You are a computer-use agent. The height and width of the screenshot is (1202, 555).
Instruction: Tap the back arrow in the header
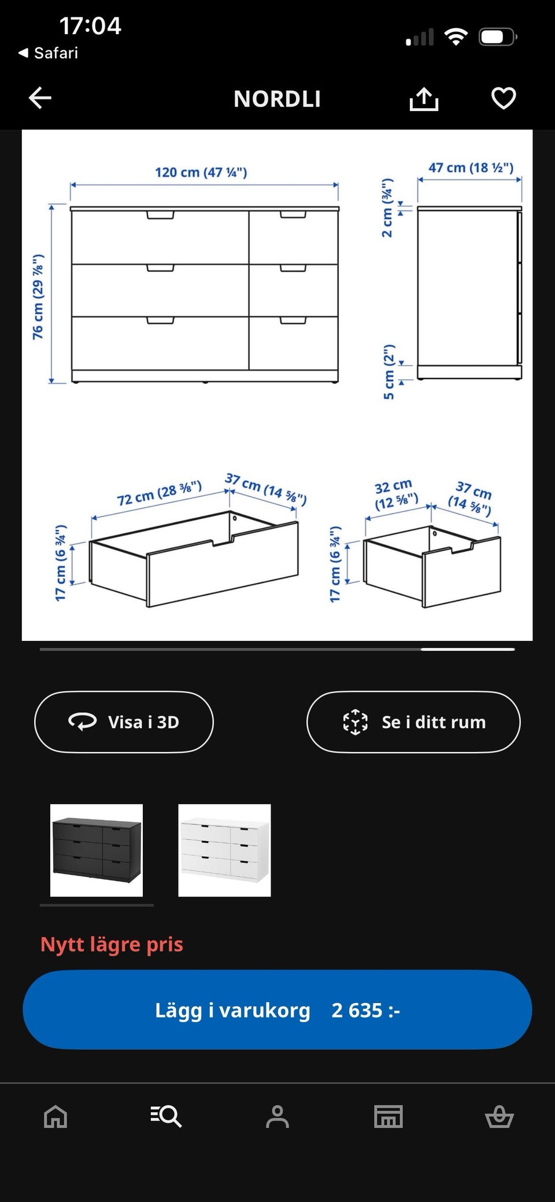pyautogui.click(x=40, y=98)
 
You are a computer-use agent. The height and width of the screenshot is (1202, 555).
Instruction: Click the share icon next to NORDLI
pyautogui.click(x=424, y=98)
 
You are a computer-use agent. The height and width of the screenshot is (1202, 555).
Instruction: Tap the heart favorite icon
pyautogui.click(x=504, y=98)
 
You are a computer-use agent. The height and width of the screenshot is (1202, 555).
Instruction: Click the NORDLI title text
pyautogui.click(x=277, y=99)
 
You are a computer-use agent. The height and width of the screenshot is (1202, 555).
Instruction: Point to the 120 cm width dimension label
pyautogui.click(x=201, y=172)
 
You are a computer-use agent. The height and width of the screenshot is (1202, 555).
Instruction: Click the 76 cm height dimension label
pyautogui.click(x=38, y=296)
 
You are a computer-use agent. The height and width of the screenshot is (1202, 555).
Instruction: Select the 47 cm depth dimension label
pyautogui.click(x=471, y=168)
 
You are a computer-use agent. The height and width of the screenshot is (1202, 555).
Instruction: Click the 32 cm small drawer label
pyautogui.click(x=395, y=493)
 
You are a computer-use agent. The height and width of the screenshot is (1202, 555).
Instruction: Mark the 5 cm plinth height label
pyautogui.click(x=388, y=371)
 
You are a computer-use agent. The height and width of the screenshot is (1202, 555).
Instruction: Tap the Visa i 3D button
pyautogui.click(x=124, y=722)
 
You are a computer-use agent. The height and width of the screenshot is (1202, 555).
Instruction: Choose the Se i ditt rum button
pyautogui.click(x=413, y=722)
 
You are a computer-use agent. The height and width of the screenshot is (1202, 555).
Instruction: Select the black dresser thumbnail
pyautogui.click(x=97, y=850)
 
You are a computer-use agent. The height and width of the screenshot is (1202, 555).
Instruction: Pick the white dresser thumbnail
pyautogui.click(x=224, y=850)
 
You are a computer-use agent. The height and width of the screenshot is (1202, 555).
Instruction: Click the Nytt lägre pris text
pyautogui.click(x=112, y=944)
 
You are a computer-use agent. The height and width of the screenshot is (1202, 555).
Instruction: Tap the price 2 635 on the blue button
pyautogui.click(x=365, y=1010)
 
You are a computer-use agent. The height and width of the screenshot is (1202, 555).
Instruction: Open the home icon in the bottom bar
pyautogui.click(x=55, y=1116)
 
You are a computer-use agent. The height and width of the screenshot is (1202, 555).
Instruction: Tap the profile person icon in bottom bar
pyautogui.click(x=277, y=1116)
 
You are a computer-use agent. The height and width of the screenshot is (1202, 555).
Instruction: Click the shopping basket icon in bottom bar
pyautogui.click(x=499, y=1116)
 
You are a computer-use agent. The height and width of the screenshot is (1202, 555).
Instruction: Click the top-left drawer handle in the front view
pyautogui.click(x=160, y=215)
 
